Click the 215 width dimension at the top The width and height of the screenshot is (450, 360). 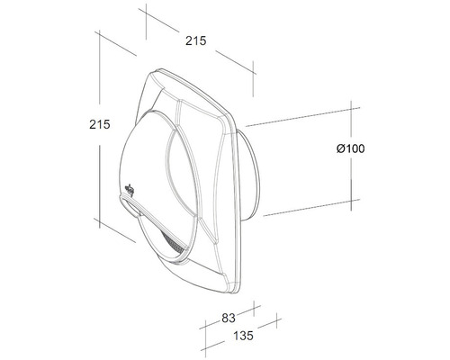tap(196, 40)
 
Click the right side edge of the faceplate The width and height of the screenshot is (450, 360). tap(238, 207)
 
